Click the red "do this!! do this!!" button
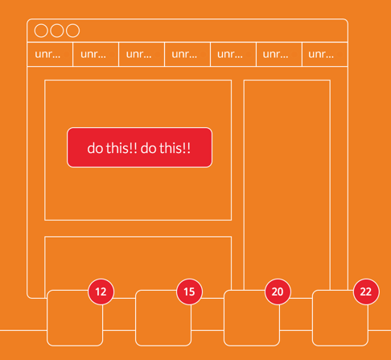click(139, 147)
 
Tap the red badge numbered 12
click(101, 292)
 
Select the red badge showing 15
click(189, 292)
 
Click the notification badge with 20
click(278, 292)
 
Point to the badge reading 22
click(366, 292)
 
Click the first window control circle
click(41, 31)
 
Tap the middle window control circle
click(57, 31)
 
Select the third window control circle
click(72, 31)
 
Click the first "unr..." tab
click(50, 54)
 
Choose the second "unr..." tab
click(96, 54)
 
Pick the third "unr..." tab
click(142, 54)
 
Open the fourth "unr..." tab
click(187, 54)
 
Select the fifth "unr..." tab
click(233, 54)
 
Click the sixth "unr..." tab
click(279, 54)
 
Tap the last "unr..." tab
click(325, 54)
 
